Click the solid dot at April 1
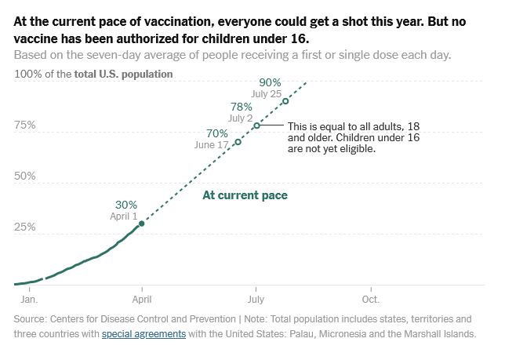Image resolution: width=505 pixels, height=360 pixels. tap(141, 224)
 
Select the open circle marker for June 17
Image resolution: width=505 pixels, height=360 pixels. tap(238, 142)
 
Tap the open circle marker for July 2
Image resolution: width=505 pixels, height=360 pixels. tap(256, 125)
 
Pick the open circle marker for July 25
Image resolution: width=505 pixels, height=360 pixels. tap(285, 100)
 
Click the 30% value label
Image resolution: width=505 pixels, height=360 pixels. tap(125, 204)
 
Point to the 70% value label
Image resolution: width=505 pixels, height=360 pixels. tap(217, 133)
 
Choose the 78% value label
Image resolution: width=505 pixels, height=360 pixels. tap(242, 107)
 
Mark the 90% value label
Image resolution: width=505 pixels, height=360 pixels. tap(270, 82)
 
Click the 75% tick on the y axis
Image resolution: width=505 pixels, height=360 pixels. tap(25, 125)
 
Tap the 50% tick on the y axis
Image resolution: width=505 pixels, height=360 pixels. tap(25, 176)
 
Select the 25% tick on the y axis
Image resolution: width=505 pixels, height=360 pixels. tap(25, 227)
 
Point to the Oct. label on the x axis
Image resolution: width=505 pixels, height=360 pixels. tap(370, 299)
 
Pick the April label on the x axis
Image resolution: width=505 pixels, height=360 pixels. tap(141, 299)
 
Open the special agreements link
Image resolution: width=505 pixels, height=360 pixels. tap(144, 333)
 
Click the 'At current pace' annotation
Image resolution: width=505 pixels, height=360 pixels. tap(245, 195)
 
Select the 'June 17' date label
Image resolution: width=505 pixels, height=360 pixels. tap(211, 145)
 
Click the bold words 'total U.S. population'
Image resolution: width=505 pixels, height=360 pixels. tap(123, 74)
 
